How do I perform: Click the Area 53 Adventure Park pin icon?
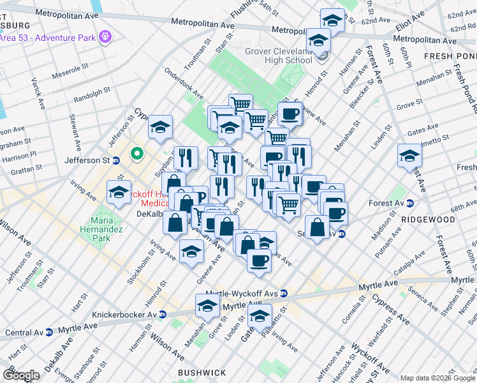click(x=105, y=36)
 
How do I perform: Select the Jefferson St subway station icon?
click(x=116, y=161)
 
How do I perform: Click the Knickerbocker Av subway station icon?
click(x=163, y=315)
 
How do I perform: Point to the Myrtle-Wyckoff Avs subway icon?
click(x=284, y=294)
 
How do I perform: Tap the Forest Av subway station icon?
click(x=409, y=204)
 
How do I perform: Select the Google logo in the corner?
click(x=20, y=375)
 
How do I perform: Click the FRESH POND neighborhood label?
click(x=450, y=56)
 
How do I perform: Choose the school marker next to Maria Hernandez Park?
click(x=119, y=193)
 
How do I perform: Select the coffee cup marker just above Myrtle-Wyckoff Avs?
click(x=259, y=260)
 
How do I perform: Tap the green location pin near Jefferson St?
click(x=136, y=154)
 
